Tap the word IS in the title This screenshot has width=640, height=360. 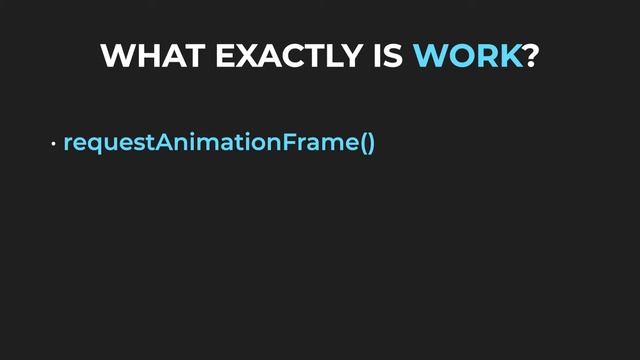389,56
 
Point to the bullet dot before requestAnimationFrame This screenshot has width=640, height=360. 54,145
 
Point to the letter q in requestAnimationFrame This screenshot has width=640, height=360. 94,146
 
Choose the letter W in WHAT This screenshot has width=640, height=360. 119,56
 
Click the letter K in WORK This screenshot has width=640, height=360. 510,56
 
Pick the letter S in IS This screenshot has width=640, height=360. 395,56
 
